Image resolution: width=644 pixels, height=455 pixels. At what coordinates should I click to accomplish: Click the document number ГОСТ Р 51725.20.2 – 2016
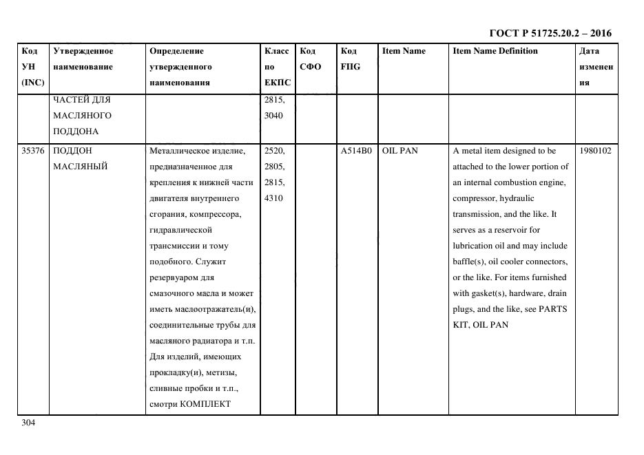click(x=550, y=33)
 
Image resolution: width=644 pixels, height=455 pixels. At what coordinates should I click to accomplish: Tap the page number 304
click(x=28, y=423)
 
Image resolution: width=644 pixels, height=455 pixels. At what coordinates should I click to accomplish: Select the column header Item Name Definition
click(x=495, y=51)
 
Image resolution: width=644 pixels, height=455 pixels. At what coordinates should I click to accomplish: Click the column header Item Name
click(x=404, y=51)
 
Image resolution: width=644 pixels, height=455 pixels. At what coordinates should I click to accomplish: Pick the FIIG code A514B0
click(x=356, y=151)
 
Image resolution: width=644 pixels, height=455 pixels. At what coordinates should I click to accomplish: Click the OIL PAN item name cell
click(x=400, y=151)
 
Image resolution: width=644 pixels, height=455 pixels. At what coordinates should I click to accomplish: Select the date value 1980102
click(x=596, y=151)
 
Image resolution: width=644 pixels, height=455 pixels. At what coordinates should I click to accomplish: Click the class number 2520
click(x=274, y=151)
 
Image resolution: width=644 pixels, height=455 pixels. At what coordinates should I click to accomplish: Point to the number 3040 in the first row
click(x=274, y=115)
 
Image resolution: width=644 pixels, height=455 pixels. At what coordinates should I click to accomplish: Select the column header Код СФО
click(x=311, y=59)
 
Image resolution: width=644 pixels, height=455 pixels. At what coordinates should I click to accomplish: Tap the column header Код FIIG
click(x=350, y=59)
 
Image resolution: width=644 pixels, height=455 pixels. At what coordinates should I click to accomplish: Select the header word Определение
click(x=176, y=51)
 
